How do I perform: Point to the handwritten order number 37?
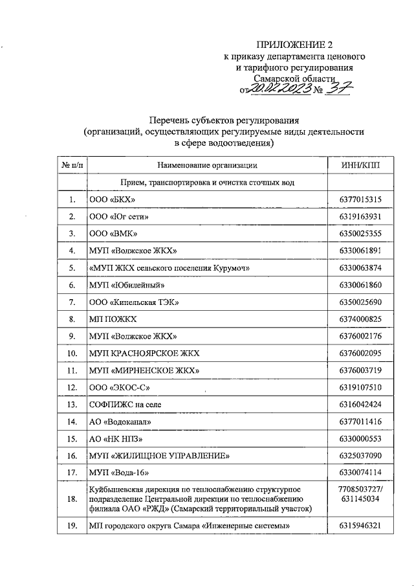point(338,89)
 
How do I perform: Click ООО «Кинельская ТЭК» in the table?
point(133,302)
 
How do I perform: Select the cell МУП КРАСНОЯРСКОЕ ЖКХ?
point(144,353)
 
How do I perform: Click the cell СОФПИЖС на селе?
point(125,404)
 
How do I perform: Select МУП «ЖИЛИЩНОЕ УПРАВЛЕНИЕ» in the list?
point(159,456)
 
